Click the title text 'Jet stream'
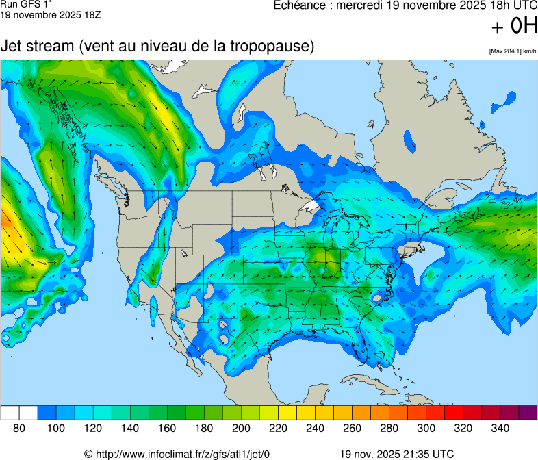37,47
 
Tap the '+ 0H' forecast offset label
514,26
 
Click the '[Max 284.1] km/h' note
512,51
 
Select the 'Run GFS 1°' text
23,4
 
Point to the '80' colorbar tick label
19,428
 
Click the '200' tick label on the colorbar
241,428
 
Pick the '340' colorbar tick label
500,428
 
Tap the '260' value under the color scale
352,428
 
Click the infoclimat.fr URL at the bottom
177,454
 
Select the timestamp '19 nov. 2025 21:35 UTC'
396,454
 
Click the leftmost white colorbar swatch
10,413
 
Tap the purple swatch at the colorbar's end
528,413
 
